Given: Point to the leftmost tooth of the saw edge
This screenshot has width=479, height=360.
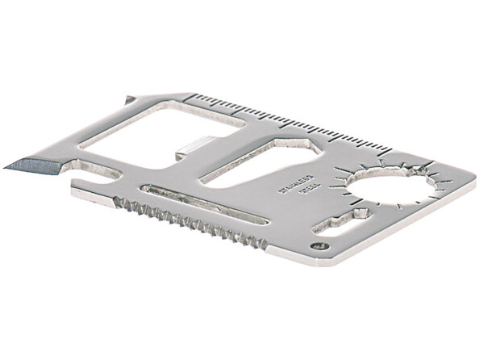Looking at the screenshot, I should pos(117,201).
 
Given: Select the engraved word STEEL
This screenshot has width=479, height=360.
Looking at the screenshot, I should pos(310,191).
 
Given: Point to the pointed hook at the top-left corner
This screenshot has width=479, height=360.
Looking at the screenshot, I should pos(128,99).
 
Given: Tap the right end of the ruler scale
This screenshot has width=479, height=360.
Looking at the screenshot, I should pos(391,151).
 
